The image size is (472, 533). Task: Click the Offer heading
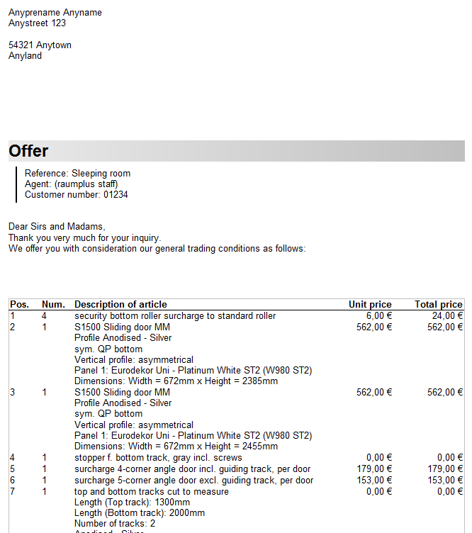pos(29,151)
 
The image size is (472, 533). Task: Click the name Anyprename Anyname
pos(55,13)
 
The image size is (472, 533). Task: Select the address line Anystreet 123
pos(37,23)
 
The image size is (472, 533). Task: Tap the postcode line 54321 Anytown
pos(40,45)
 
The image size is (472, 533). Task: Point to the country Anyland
pos(25,56)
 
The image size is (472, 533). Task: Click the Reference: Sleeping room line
pos(77,174)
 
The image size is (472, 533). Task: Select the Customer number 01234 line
pos(76,195)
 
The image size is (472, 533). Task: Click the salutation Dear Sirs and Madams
pos(57,227)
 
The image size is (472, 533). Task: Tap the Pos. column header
pos(19,305)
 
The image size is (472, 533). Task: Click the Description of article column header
pos(120,305)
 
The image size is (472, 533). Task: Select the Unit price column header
pos(370,305)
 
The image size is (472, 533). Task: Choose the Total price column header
pos(438,305)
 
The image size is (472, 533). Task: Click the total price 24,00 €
pos(447,316)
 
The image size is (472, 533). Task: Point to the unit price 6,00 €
pos(379,316)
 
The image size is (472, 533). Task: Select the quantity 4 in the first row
pos(44,316)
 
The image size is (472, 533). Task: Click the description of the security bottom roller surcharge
pos(175,316)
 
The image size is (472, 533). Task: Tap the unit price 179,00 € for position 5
pos(374,469)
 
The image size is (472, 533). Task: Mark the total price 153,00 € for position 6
pos(445,481)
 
